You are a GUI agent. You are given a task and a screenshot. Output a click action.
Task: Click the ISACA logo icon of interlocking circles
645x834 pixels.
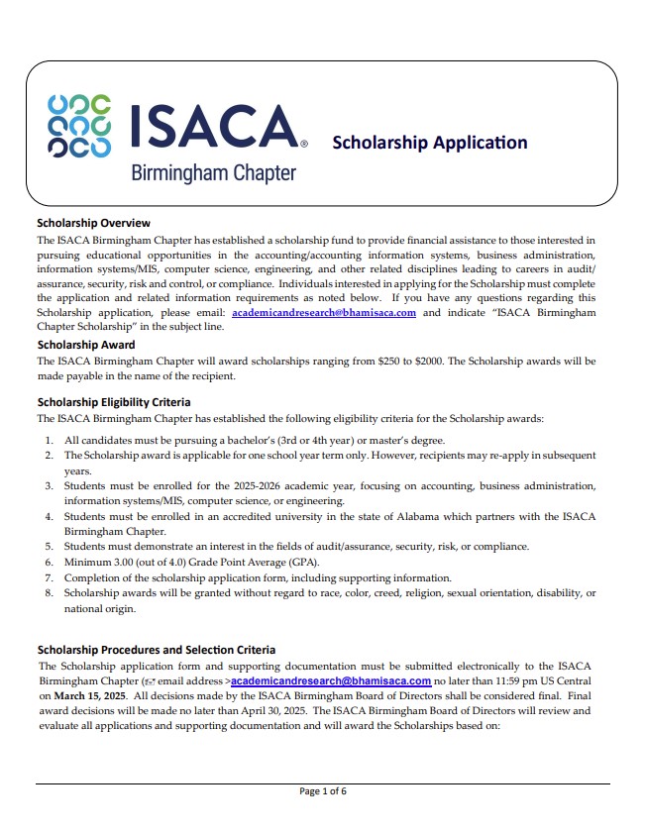coord(78,127)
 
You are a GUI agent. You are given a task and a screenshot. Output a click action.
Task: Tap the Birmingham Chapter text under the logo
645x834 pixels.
coord(213,173)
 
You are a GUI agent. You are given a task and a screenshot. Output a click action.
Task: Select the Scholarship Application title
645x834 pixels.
coord(429,142)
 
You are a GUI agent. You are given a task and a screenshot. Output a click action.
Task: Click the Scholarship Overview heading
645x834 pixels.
coord(93,223)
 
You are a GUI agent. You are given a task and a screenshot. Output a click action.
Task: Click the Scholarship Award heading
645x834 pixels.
coord(86,345)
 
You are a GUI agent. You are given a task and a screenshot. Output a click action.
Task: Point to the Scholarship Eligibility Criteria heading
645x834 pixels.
coord(113,402)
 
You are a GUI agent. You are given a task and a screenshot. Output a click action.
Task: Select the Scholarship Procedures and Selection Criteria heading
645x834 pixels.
coord(156,650)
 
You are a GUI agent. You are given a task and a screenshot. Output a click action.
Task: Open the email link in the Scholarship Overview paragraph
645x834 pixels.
coord(323,312)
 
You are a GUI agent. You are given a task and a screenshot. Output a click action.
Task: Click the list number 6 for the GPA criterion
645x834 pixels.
coord(49,562)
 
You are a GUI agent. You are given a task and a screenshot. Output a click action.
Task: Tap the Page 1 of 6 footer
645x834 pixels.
coord(323,790)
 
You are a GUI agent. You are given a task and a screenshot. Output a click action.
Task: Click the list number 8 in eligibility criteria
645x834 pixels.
coord(49,592)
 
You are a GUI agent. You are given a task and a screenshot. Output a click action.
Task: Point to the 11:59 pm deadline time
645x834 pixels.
coord(514,681)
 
